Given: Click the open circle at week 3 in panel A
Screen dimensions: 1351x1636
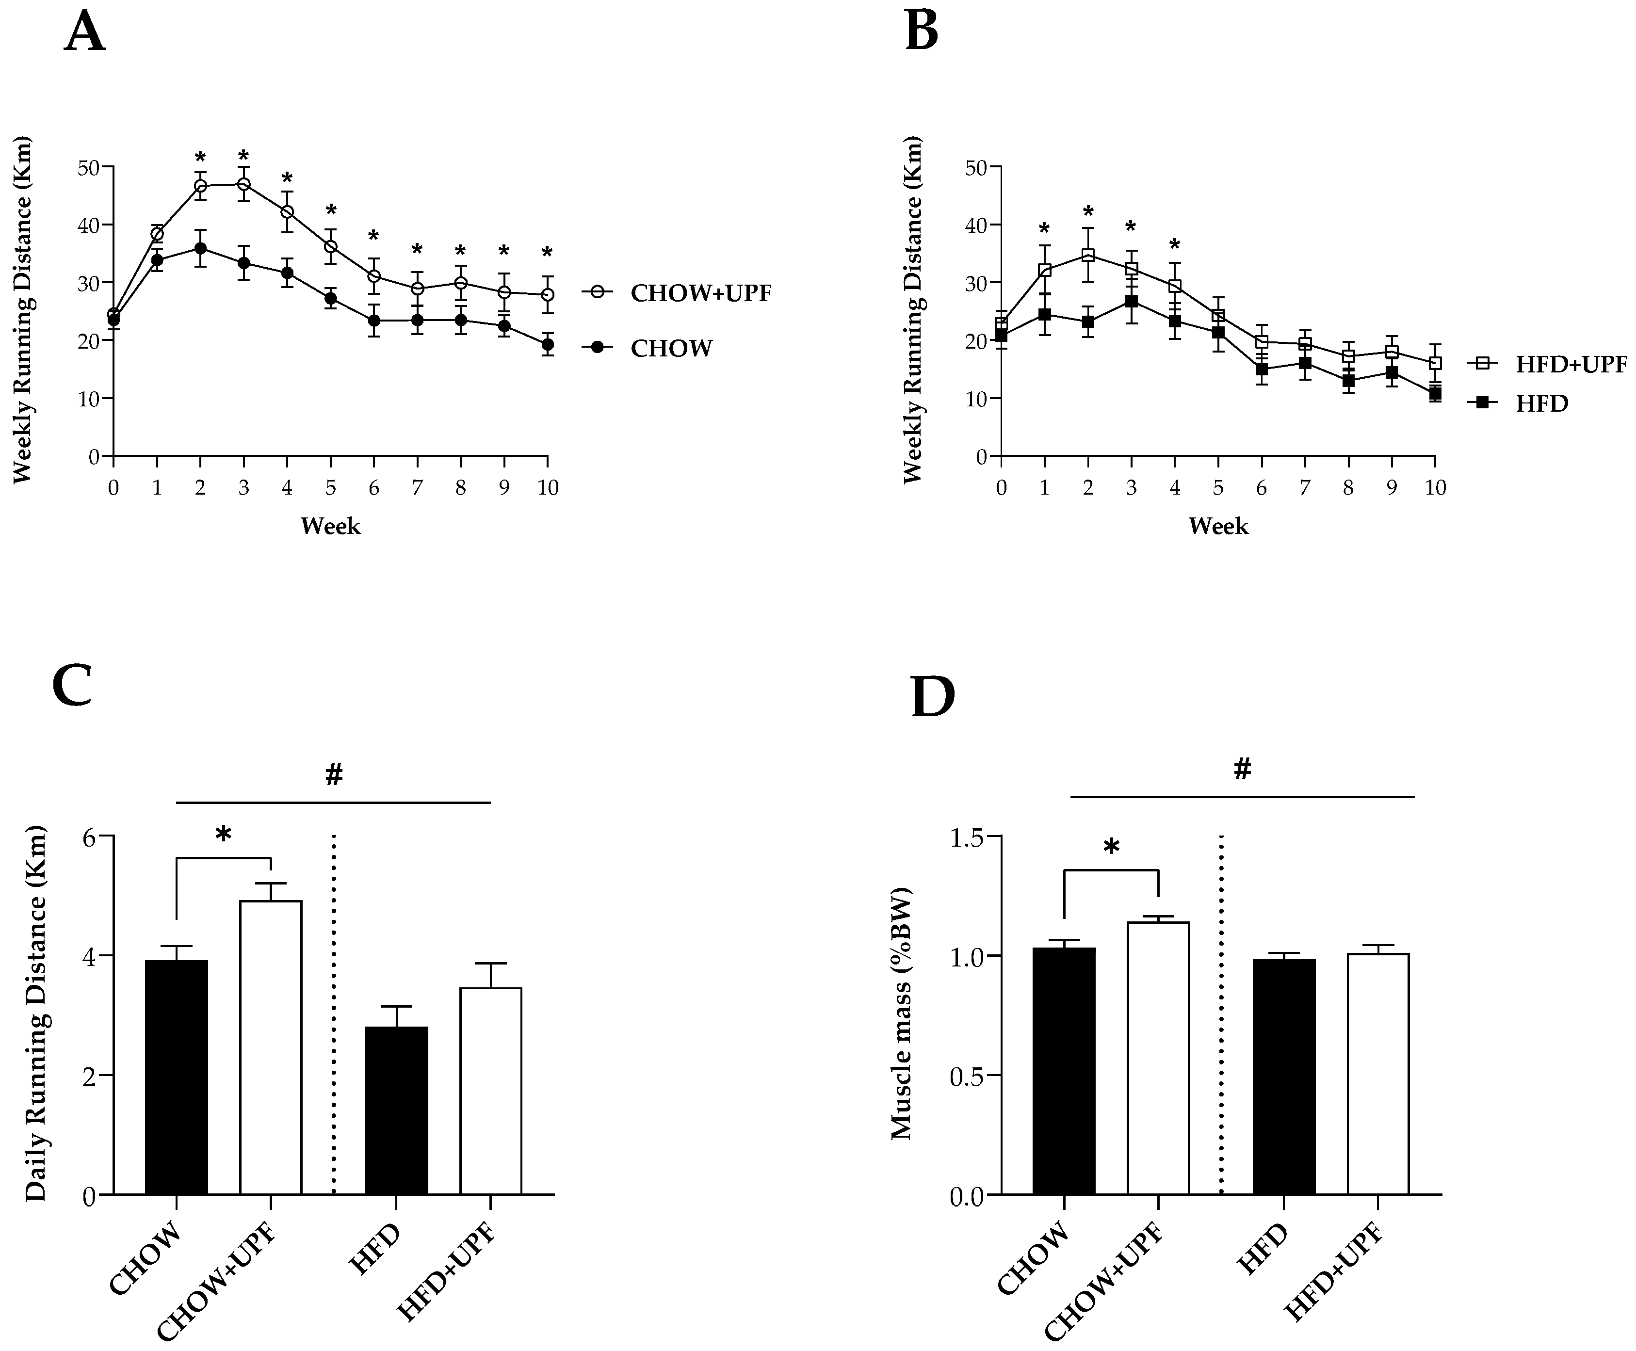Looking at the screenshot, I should pyautogui.click(x=243, y=184).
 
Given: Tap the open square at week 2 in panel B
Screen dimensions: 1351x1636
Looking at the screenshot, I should pyautogui.click(x=1088, y=255).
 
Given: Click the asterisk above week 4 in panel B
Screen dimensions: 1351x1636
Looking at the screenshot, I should pyautogui.click(x=1174, y=245).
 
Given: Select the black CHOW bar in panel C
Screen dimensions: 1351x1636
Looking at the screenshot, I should pyautogui.click(x=177, y=1078).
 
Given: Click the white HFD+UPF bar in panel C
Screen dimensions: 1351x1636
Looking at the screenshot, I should pyautogui.click(x=490, y=1091).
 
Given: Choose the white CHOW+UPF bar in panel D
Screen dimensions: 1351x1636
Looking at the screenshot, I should pyautogui.click(x=1158, y=1059).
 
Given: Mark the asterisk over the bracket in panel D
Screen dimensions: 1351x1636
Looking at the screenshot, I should pyautogui.click(x=1111, y=847).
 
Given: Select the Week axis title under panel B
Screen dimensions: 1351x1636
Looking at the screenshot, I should pyautogui.click(x=1218, y=527).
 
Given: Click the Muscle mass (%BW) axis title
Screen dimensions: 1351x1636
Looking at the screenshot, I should pyautogui.click(x=901, y=1013).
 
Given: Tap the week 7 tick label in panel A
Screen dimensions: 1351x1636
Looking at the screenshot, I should pyautogui.click(x=417, y=488).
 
